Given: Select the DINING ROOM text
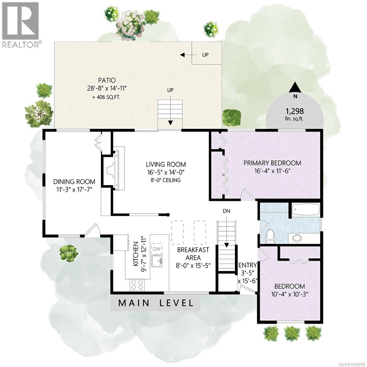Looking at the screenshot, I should point(74,181).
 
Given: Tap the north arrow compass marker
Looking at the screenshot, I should point(295,88).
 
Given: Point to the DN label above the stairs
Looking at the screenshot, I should point(226,211).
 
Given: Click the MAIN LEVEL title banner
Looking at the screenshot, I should point(156,303).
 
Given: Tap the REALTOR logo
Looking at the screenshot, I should point(20,24).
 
